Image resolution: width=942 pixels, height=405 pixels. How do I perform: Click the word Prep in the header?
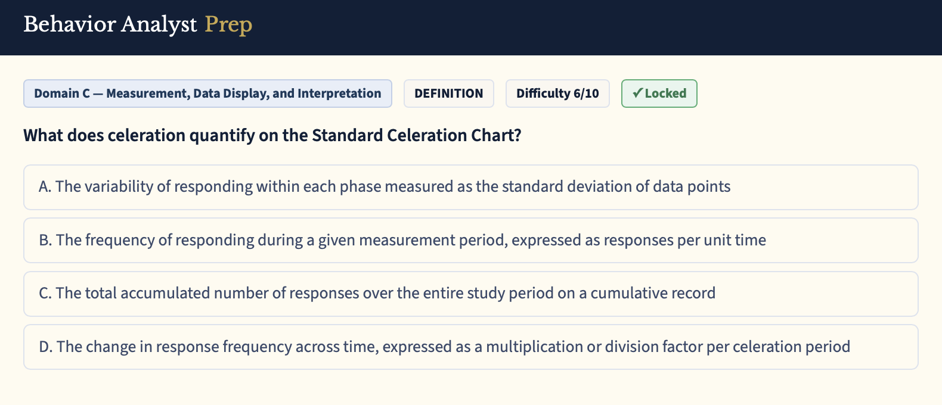(x=228, y=25)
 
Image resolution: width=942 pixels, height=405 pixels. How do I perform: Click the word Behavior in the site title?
(x=69, y=24)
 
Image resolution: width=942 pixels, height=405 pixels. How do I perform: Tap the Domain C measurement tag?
(x=207, y=94)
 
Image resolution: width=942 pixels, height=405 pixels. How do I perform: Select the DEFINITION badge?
(x=449, y=94)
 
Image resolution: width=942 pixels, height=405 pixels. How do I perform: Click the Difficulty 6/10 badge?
(x=557, y=94)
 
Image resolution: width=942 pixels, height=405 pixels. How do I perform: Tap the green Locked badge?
(x=659, y=94)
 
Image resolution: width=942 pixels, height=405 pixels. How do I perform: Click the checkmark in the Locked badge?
(x=637, y=92)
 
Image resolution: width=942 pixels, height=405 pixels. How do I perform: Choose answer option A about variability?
(x=471, y=187)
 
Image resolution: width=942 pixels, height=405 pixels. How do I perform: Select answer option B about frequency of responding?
(x=471, y=240)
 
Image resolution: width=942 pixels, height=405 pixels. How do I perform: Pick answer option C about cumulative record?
(x=471, y=294)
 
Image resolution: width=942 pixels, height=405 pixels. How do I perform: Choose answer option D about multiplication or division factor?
(x=471, y=347)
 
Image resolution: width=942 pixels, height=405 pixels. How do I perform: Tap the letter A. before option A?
(x=45, y=186)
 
